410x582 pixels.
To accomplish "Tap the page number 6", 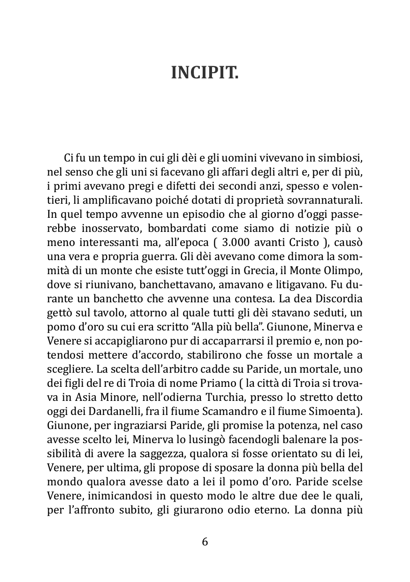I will point(205,542).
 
